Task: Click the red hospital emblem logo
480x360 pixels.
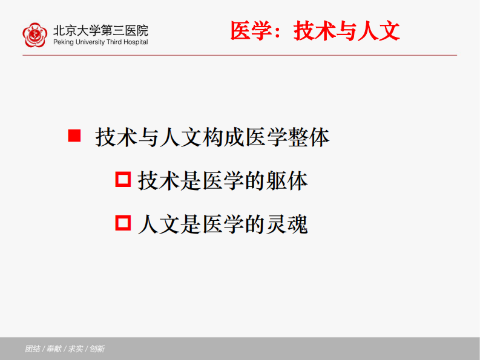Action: tap(35, 34)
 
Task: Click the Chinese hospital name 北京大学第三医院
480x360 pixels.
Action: tap(100, 30)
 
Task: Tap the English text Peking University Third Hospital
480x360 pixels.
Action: tap(100, 42)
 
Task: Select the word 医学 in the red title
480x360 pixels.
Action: tap(250, 31)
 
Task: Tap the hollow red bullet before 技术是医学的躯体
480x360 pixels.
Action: tap(123, 179)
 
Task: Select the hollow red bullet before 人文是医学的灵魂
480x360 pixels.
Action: tap(123, 223)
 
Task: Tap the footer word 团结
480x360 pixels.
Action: tap(33, 349)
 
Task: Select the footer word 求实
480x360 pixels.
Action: tap(76, 349)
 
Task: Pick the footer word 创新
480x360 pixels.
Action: tap(97, 349)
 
